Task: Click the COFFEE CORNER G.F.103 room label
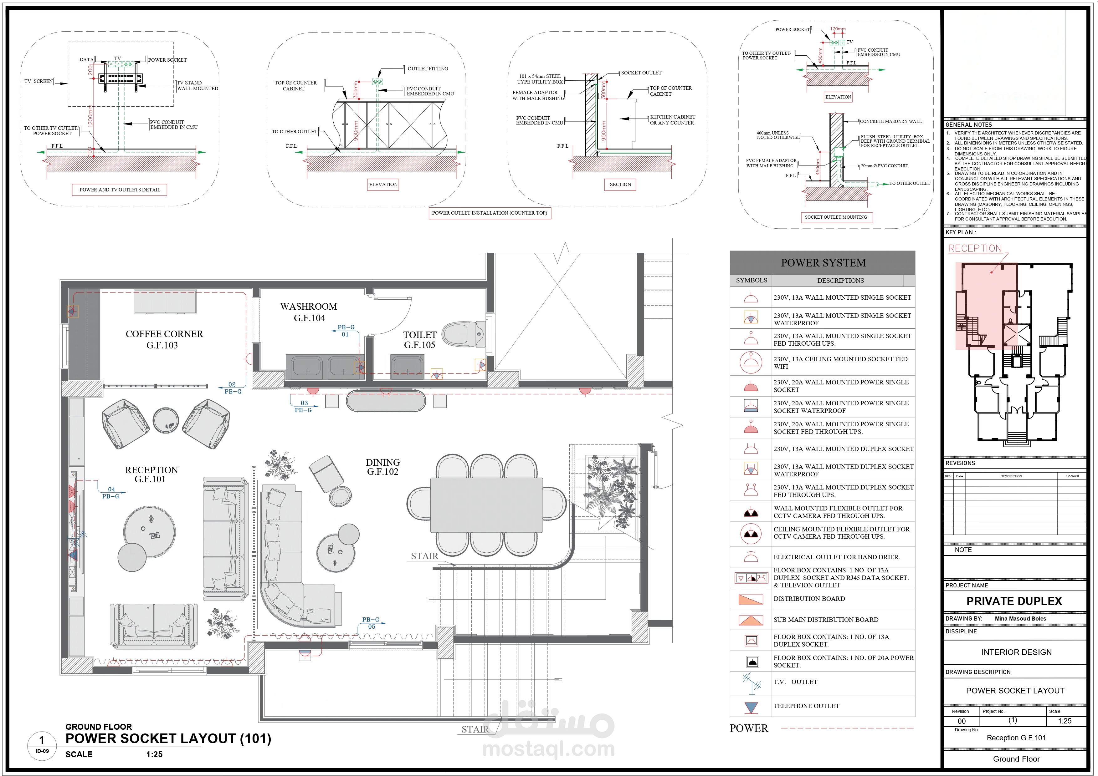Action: pyautogui.click(x=164, y=339)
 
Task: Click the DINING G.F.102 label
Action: pyautogui.click(x=382, y=467)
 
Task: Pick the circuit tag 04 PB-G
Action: pyautogui.click(x=111, y=493)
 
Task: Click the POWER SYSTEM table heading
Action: pyautogui.click(x=823, y=263)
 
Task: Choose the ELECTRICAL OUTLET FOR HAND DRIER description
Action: pyautogui.click(x=836, y=557)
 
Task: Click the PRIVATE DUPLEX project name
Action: pyautogui.click(x=1014, y=601)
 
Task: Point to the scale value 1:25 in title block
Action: pyautogui.click(x=1064, y=721)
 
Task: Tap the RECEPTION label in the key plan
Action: pyautogui.click(x=975, y=248)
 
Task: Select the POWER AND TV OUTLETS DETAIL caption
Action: pyautogui.click(x=120, y=190)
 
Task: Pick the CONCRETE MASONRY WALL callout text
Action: pyautogui.click(x=890, y=121)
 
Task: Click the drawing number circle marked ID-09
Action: pyautogui.click(x=42, y=745)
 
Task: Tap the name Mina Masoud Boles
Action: pyautogui.click(x=1020, y=619)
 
